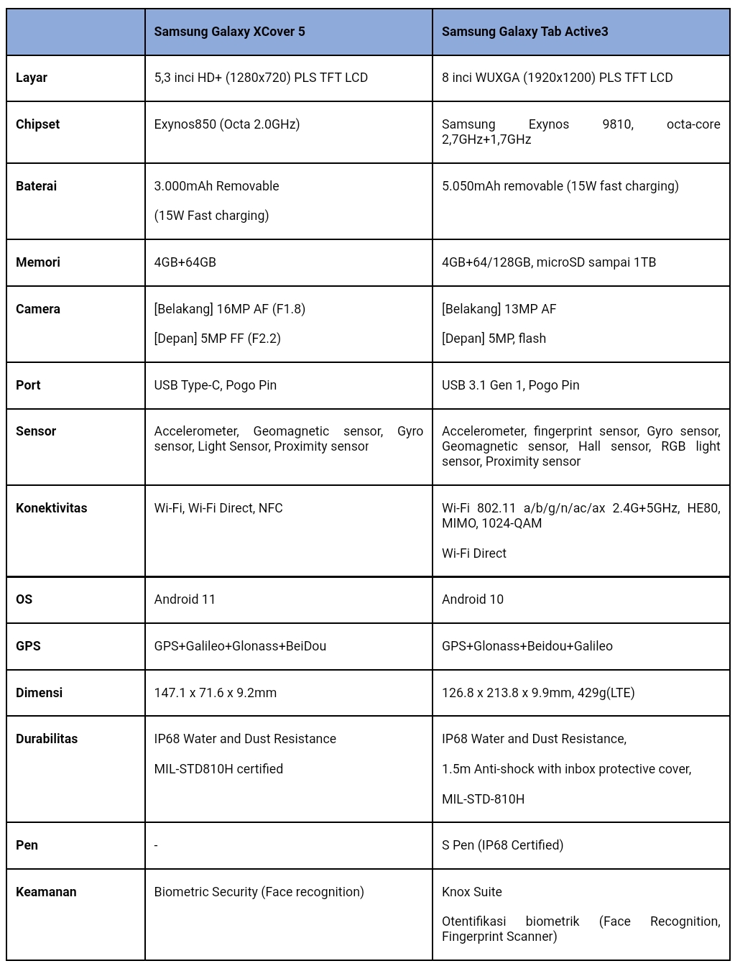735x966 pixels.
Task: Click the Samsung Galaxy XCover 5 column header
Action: pyautogui.click(x=229, y=32)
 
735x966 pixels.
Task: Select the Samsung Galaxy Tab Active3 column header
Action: pyautogui.click(x=524, y=32)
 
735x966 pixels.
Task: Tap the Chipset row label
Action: pyautogui.click(x=37, y=124)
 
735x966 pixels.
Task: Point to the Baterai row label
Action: pyautogui.click(x=36, y=186)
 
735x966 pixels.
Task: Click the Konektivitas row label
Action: pyautogui.click(x=51, y=508)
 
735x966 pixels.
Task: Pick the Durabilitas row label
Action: pyautogui.click(x=47, y=739)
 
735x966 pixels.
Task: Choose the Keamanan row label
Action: pyautogui.click(x=46, y=892)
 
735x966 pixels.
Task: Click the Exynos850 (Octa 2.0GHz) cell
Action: pyautogui.click(x=226, y=124)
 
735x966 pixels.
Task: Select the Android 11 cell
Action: pyautogui.click(x=185, y=599)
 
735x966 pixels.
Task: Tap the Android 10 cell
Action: pyautogui.click(x=472, y=599)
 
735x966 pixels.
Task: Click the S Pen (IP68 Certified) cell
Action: pyautogui.click(x=502, y=845)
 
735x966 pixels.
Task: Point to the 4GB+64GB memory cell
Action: pyautogui.click(x=185, y=262)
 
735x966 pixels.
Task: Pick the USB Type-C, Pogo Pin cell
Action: pyautogui.click(x=215, y=385)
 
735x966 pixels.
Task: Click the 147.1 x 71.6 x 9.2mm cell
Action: pyautogui.click(x=215, y=693)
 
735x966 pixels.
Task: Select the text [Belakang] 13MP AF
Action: pyautogui.click(x=499, y=309)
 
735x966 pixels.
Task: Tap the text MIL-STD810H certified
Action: pyautogui.click(x=218, y=769)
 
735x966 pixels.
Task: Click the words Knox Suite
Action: pyautogui.click(x=471, y=892)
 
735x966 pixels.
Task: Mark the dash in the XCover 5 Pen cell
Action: pyautogui.click(x=156, y=845)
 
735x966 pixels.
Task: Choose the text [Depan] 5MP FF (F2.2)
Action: pyautogui.click(x=217, y=339)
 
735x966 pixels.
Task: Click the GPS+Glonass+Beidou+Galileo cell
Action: pyautogui.click(x=527, y=646)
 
